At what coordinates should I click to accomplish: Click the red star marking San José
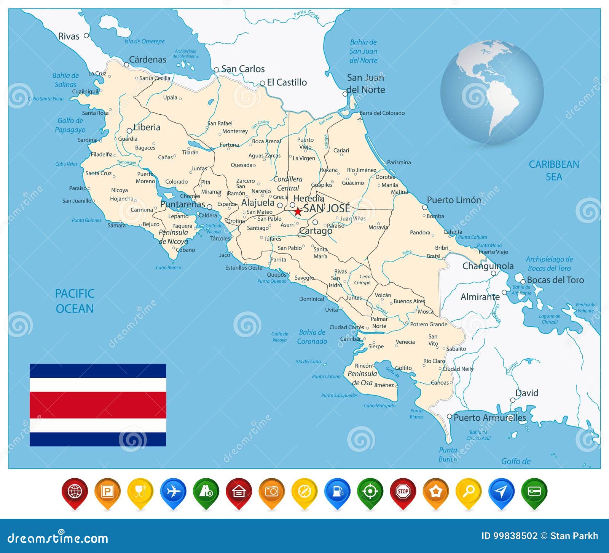298,211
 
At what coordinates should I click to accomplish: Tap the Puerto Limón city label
454,200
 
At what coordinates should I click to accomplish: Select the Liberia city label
147,127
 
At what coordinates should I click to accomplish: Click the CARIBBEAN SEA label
554,170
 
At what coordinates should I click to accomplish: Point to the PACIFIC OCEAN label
75,301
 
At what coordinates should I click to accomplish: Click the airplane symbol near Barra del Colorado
360,120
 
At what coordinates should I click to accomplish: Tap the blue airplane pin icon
173,492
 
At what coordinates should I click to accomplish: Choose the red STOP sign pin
403,492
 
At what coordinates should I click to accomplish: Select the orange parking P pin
107,492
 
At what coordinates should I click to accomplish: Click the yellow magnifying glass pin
469,492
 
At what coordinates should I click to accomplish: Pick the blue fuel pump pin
337,492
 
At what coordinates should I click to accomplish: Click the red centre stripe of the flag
98,405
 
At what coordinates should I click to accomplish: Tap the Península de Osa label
362,378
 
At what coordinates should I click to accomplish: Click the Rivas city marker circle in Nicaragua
86,35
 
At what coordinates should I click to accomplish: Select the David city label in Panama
527,393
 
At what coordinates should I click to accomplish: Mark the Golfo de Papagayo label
70,125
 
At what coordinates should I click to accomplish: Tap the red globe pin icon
75,492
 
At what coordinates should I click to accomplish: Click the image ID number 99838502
515,536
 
